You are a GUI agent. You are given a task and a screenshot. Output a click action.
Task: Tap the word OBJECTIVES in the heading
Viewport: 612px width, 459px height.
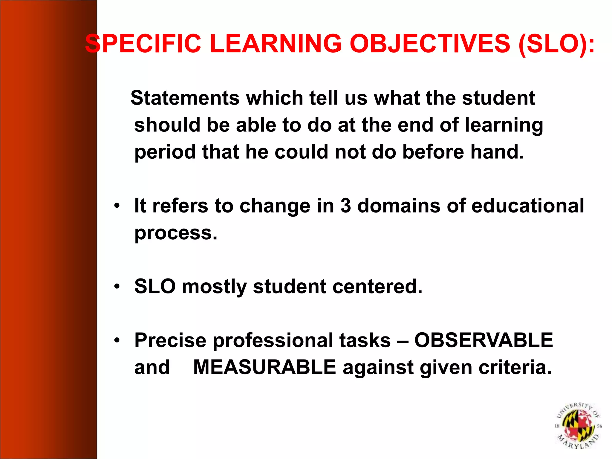tap(430, 44)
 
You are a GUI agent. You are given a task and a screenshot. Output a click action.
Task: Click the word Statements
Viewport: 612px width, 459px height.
tap(185, 98)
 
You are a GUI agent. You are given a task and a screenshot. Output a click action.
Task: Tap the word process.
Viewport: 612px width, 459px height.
tap(176, 233)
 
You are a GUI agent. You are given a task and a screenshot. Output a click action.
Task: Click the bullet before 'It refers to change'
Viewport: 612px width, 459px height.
tap(117, 206)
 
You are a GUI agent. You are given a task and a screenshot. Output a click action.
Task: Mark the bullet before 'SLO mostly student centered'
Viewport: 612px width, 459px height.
tap(117, 287)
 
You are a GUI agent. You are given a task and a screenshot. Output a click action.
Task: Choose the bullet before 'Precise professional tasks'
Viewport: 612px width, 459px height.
tap(117, 340)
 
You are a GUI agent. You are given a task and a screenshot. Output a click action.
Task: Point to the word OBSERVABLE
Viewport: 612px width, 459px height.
tap(484, 340)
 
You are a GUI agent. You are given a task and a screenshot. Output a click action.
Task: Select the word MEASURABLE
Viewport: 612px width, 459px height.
tap(265, 367)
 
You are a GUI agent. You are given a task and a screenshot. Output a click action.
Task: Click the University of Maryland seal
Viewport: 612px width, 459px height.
tap(578, 426)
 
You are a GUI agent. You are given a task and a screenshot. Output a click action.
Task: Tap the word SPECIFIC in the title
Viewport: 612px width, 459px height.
tap(143, 44)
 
